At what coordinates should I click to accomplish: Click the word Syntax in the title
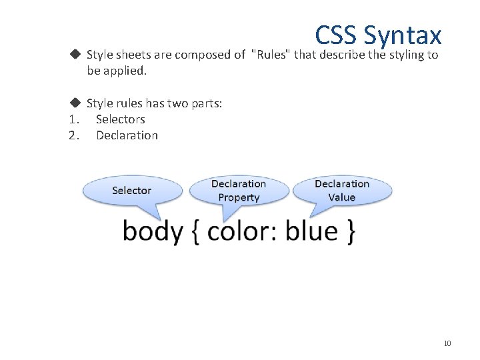pyautogui.click(x=403, y=36)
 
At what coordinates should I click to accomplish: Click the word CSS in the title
pyautogui.click(x=337, y=35)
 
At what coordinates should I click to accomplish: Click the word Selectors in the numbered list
pyautogui.click(x=120, y=119)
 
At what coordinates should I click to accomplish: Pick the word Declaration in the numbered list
pyautogui.click(x=127, y=135)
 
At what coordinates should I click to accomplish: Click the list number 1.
pyautogui.click(x=73, y=119)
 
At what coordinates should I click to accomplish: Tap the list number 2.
pyautogui.click(x=73, y=135)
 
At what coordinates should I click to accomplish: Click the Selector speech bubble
pyautogui.click(x=132, y=191)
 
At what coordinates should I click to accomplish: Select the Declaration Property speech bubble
pyautogui.click(x=239, y=191)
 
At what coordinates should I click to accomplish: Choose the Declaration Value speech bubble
pyautogui.click(x=342, y=191)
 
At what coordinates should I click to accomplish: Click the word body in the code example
pyautogui.click(x=153, y=232)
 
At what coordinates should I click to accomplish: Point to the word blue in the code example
pyautogui.click(x=312, y=232)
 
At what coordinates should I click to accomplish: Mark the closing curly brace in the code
pyautogui.click(x=350, y=232)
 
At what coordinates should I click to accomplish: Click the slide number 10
pyautogui.click(x=447, y=343)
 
